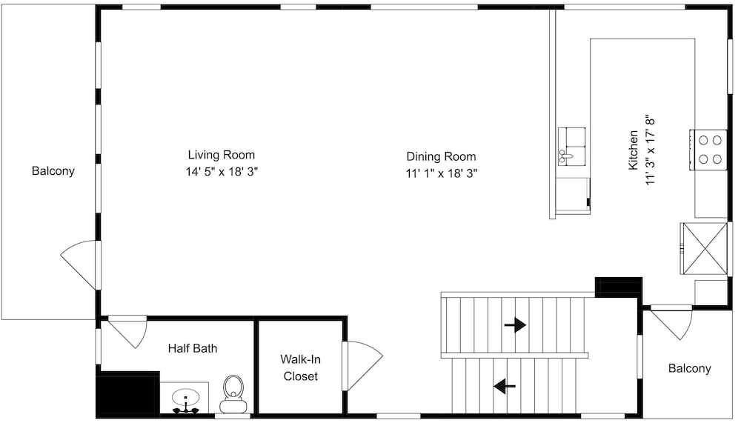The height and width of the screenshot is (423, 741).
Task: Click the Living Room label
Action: click(x=221, y=155)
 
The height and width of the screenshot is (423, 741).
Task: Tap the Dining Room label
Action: click(x=442, y=156)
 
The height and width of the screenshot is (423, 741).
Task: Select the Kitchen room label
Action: click(x=633, y=150)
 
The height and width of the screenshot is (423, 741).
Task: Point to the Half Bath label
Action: click(x=193, y=348)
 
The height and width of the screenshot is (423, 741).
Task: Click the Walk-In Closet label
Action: click(x=301, y=367)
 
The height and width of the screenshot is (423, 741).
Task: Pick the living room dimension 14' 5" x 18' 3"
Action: click(x=222, y=172)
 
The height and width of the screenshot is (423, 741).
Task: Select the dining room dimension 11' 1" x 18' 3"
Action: click(x=442, y=173)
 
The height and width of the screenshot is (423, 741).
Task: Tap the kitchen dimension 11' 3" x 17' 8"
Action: click(x=651, y=150)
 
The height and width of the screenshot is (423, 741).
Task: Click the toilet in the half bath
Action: click(x=233, y=393)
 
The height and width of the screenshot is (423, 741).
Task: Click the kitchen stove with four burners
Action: click(x=708, y=150)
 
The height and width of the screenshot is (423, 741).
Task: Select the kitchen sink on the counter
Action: click(x=571, y=146)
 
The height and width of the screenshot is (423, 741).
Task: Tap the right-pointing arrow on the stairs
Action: click(x=515, y=325)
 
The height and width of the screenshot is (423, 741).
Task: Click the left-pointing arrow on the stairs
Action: click(x=505, y=386)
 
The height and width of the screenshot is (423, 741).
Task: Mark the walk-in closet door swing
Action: click(x=362, y=365)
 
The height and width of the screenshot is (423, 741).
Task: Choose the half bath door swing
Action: click(x=127, y=330)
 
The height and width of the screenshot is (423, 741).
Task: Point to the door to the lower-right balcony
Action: click(x=671, y=323)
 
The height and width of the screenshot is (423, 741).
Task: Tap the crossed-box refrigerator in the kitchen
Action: click(x=704, y=248)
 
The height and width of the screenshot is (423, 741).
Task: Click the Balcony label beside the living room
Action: click(x=53, y=170)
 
